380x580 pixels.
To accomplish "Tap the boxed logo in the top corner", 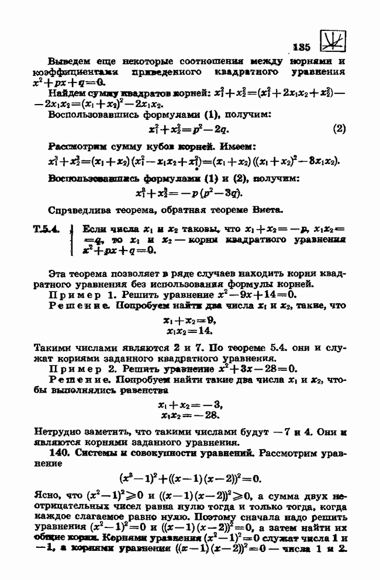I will [331, 41].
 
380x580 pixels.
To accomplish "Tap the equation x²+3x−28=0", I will [251, 369].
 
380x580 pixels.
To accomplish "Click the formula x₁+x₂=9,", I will [189, 320].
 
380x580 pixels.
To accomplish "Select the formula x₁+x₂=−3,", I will [189, 405].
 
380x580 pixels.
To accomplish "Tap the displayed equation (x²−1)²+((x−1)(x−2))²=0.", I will [189, 477].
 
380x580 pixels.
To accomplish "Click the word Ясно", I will [46, 496].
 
